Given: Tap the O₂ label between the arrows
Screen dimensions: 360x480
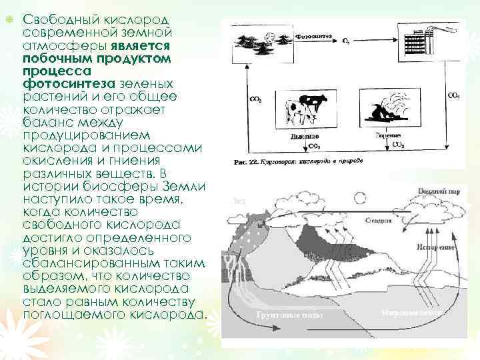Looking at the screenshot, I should pyautogui.click(x=346, y=41).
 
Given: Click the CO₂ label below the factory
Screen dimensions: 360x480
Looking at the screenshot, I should pyautogui.click(x=453, y=95).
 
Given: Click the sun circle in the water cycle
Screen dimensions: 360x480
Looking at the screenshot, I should pyautogui.click(x=360, y=198).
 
